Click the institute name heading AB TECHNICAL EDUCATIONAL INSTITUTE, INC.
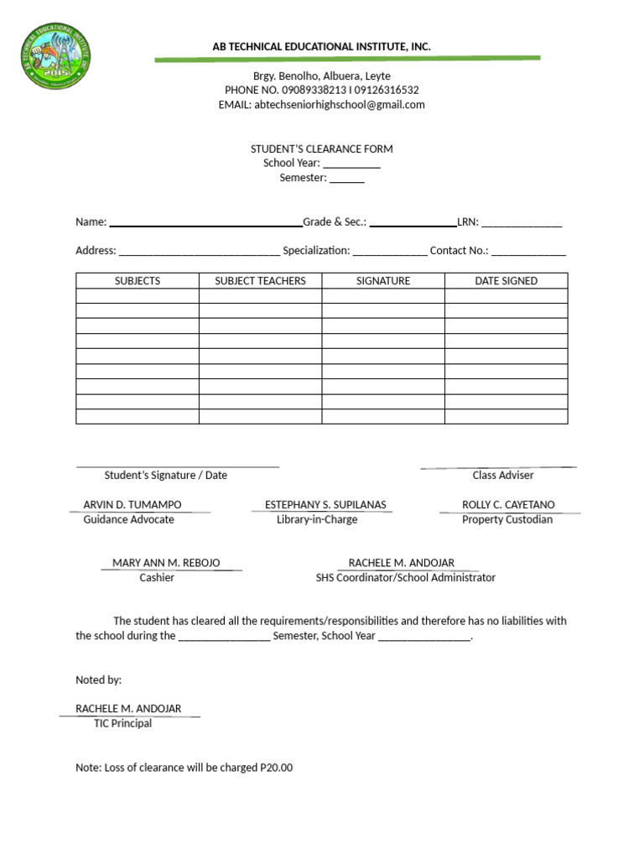pos(321,47)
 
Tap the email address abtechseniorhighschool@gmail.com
pos(340,105)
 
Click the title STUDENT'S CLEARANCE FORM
pos(321,149)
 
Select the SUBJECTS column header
pos(137,281)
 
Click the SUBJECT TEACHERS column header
pos(260,281)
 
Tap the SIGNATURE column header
pos(382,281)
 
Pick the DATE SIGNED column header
pos(506,281)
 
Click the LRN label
pos(467,222)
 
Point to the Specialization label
pos(316,251)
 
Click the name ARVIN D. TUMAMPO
pos(132,505)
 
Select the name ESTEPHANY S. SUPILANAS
pos(325,505)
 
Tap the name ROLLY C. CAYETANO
pos(508,505)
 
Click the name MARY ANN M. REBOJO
pos(166,563)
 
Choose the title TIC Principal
pos(122,723)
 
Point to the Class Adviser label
pos(503,475)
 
